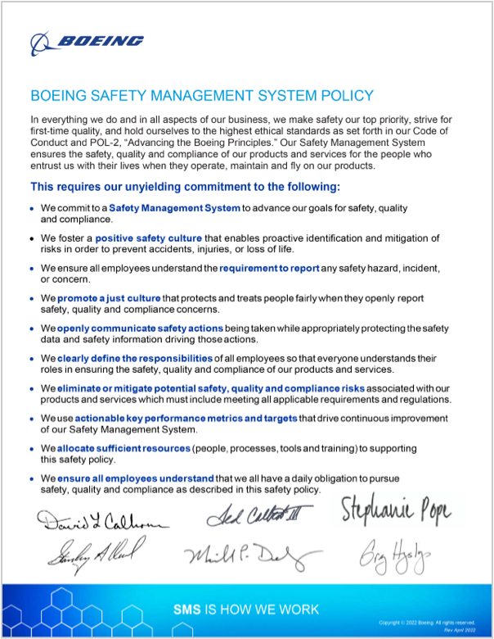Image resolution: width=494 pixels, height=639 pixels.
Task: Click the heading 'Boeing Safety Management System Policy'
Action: pos(201,96)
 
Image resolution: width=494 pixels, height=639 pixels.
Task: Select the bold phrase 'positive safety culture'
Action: pos(154,238)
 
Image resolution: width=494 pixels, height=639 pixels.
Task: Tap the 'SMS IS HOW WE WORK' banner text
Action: pos(246,610)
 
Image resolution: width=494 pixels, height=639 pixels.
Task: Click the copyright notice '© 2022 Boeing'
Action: pos(433,622)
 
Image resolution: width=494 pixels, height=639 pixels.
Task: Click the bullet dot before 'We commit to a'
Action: pos(32,209)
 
